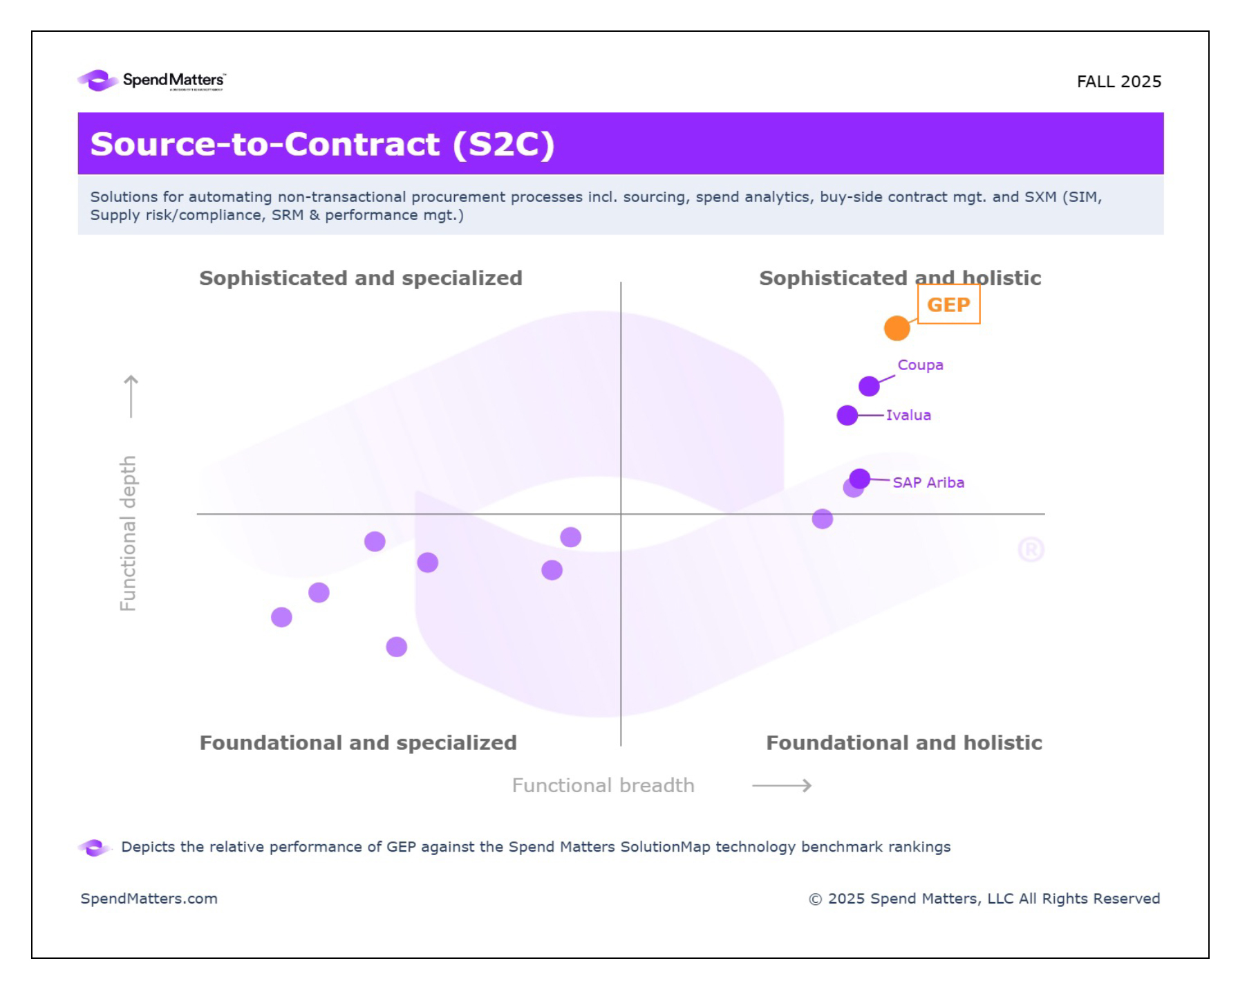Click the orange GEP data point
tap(897, 328)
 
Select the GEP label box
tap(948, 304)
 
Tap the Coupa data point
tap(869, 386)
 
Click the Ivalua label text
tap(908, 415)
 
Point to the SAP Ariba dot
tap(859, 479)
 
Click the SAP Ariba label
tap(928, 482)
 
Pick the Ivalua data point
tap(847, 415)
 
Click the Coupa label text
tap(920, 365)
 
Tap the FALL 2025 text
tap(1118, 82)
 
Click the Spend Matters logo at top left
tap(151, 81)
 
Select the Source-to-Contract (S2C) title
tap(322, 144)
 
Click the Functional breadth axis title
tap(603, 785)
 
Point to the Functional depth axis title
tap(128, 533)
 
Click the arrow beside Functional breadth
tap(782, 785)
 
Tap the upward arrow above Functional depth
tap(131, 396)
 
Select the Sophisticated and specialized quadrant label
tap(360, 278)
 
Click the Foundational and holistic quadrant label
tap(903, 742)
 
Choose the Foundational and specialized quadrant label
tap(358, 742)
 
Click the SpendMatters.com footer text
tap(149, 898)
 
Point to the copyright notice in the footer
tap(984, 898)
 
